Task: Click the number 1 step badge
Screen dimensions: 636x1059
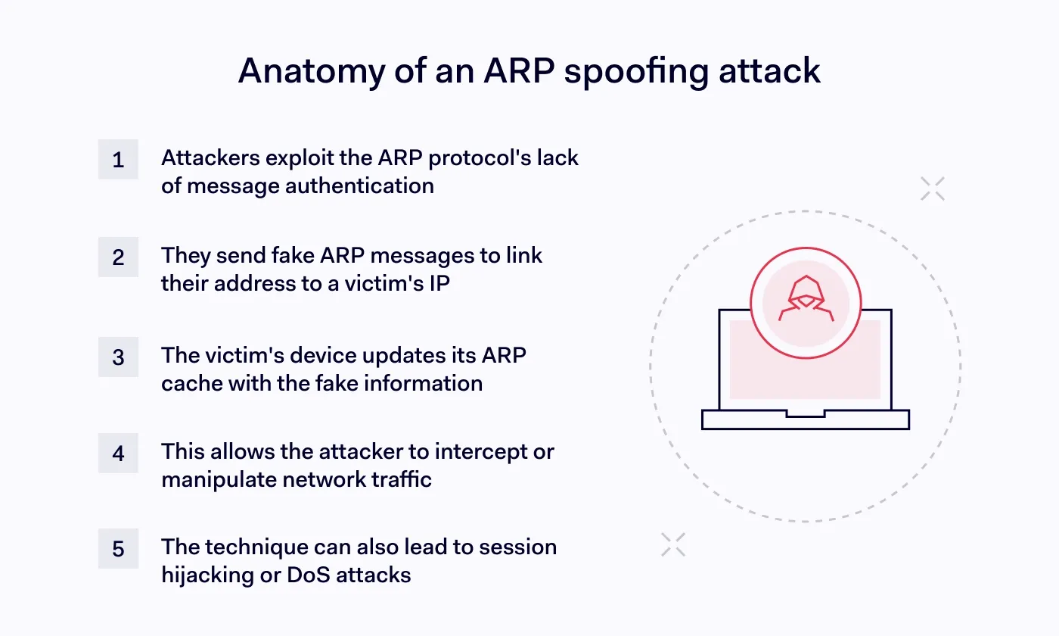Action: pyautogui.click(x=118, y=160)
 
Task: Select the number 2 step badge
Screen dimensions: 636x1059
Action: pyautogui.click(x=118, y=257)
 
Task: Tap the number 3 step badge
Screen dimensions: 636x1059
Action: pyautogui.click(x=118, y=357)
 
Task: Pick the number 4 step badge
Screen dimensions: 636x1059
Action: pyautogui.click(x=118, y=453)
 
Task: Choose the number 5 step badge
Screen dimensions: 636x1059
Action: pyautogui.click(x=118, y=548)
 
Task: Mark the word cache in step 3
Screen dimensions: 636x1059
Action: pyautogui.click(x=187, y=383)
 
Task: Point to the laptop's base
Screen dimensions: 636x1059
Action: pyautogui.click(x=806, y=419)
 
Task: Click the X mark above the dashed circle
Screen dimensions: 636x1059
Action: pyautogui.click(x=933, y=189)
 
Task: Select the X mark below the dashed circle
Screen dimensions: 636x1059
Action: pyautogui.click(x=672, y=544)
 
